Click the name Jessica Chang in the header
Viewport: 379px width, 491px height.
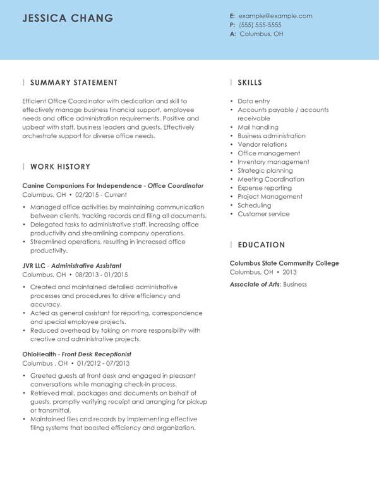pyautogui.click(x=68, y=18)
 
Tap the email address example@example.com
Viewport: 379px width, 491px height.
pyautogui.click(x=275, y=16)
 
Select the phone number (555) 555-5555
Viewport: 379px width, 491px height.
pyautogui.click(x=260, y=25)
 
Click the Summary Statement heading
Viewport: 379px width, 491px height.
pyautogui.click(x=74, y=83)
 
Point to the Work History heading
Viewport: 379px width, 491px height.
pyautogui.click(x=60, y=167)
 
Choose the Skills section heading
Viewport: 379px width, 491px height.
pyautogui.click(x=250, y=83)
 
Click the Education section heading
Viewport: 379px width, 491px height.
pyautogui.click(x=261, y=245)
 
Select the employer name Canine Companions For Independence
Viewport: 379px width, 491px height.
pyautogui.click(x=82, y=186)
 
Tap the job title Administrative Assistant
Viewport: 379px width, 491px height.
pyautogui.click(x=86, y=266)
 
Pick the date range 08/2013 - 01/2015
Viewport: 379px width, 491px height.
pyautogui.click(x=101, y=275)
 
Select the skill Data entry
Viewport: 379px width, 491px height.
pyautogui.click(x=253, y=101)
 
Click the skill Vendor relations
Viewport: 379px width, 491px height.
pyautogui.click(x=262, y=144)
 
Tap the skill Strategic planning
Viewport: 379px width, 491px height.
pyautogui.click(x=264, y=171)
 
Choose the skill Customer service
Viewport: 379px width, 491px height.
pyautogui.click(x=263, y=214)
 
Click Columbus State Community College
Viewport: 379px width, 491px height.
pyautogui.click(x=284, y=263)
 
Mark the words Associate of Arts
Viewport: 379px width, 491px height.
pyautogui.click(x=254, y=284)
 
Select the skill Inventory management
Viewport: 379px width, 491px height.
pyautogui.click(x=273, y=162)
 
